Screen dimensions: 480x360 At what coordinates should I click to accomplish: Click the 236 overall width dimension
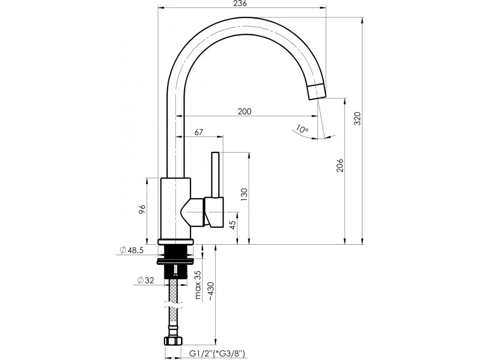[x=241, y=4]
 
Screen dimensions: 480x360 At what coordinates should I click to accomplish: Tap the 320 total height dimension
[x=357, y=120]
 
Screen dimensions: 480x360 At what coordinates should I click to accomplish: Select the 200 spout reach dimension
[x=244, y=111]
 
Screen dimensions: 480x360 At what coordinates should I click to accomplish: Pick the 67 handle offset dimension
[x=198, y=133]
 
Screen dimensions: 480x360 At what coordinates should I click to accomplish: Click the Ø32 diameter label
[x=146, y=280]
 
